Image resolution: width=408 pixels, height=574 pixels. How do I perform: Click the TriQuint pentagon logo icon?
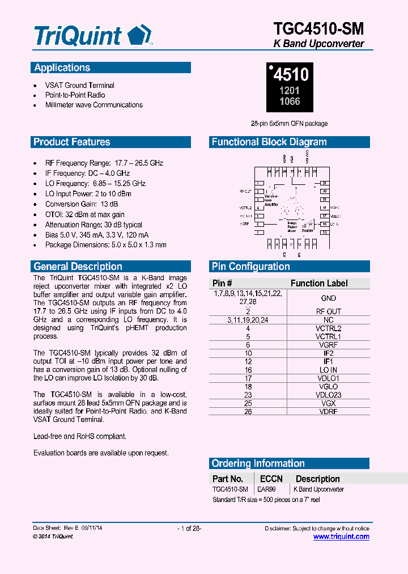(139, 35)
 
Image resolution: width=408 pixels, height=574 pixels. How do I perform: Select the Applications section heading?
(62, 68)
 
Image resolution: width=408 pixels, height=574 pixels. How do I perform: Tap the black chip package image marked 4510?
(290, 87)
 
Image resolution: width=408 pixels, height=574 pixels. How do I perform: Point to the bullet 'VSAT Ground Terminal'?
(80, 85)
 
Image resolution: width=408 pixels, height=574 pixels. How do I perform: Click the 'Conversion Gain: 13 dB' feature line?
(82, 204)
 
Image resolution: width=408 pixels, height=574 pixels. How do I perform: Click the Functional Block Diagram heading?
(269, 142)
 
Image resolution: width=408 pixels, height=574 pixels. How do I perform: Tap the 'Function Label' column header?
(319, 283)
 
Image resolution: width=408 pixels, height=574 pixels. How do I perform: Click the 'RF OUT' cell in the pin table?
(328, 311)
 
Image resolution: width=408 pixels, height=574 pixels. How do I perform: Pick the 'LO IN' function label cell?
(328, 370)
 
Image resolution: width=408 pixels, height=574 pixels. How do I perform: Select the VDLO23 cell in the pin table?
(328, 395)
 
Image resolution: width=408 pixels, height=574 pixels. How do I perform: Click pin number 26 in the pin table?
(248, 411)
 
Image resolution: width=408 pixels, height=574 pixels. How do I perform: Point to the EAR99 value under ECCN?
(267, 489)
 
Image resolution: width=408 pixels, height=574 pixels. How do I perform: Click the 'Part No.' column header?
(228, 479)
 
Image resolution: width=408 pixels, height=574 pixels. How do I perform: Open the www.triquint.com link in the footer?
(341, 537)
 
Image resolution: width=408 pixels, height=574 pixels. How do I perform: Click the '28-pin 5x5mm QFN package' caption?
(290, 123)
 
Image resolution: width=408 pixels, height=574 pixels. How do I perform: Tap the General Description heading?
(78, 267)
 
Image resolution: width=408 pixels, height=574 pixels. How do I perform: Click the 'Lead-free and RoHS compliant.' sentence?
(80, 436)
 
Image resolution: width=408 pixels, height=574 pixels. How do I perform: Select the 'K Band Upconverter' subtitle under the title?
(318, 44)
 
